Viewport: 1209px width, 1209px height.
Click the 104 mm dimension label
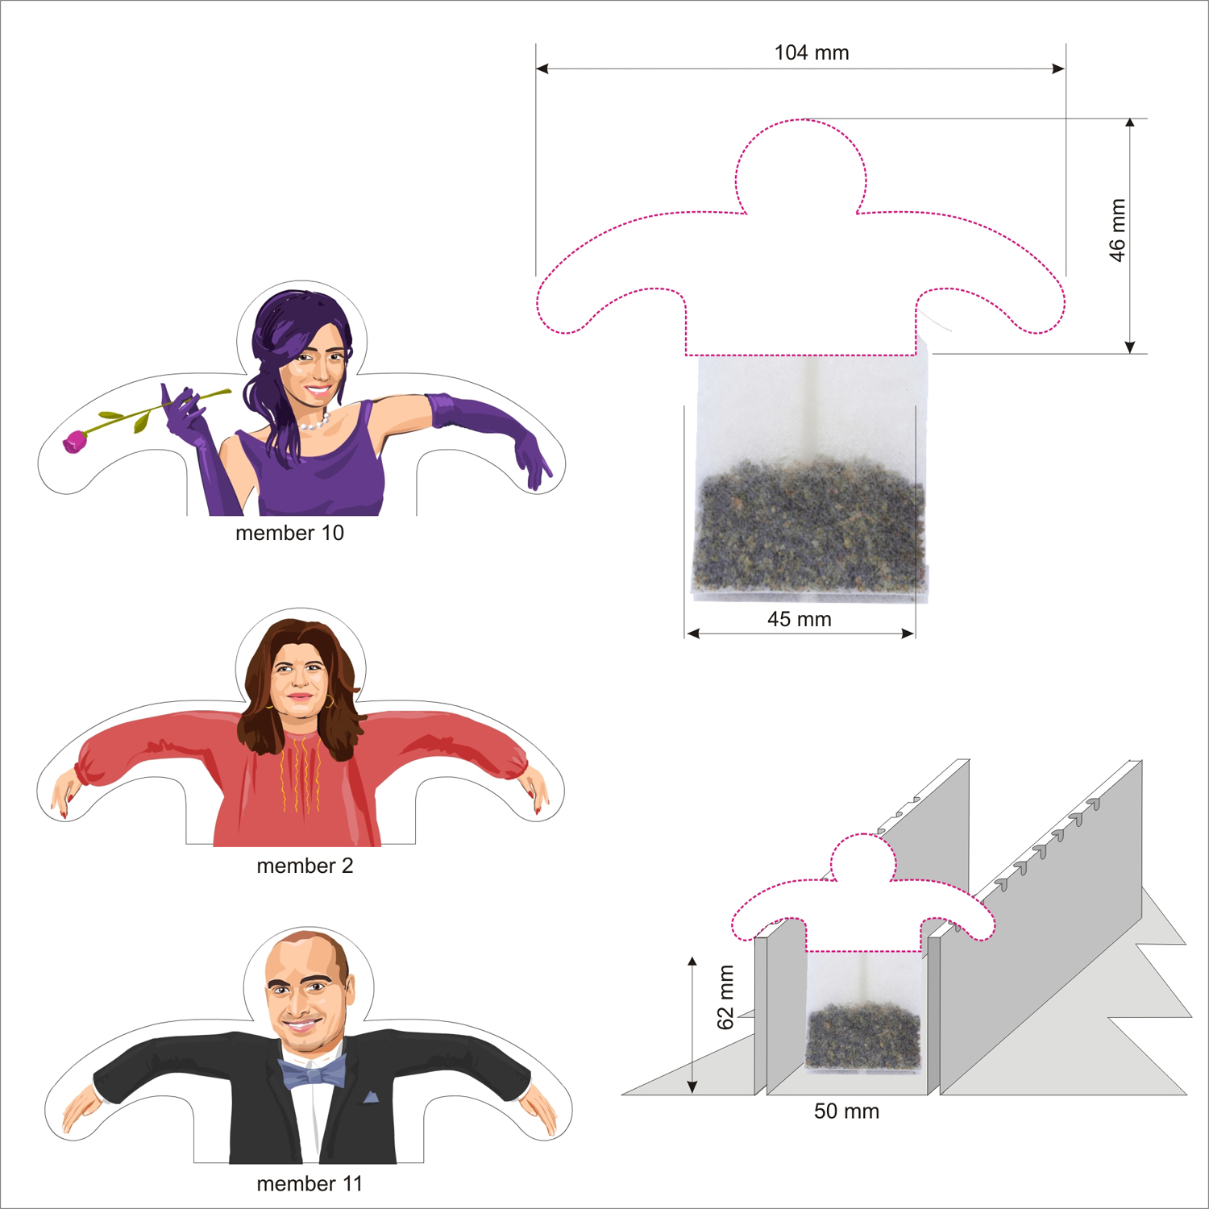pos(812,53)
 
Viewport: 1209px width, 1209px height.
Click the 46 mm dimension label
pos(1117,230)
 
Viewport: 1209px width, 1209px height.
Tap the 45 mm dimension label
pos(800,619)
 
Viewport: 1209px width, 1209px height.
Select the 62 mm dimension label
pos(725,997)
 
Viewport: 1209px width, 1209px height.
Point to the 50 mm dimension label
pos(846,1111)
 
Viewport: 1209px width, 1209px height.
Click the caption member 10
pos(289,533)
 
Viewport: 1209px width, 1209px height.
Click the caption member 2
pos(305,866)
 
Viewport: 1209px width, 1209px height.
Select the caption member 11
pos(310,1183)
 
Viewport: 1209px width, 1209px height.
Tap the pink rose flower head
pos(75,442)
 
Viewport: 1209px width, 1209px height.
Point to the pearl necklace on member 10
pos(314,422)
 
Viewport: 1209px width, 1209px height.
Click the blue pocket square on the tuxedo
pos(370,1097)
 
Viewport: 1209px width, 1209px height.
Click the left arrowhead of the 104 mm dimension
pos(542,69)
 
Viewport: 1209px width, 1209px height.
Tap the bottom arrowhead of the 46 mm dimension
pos(1130,347)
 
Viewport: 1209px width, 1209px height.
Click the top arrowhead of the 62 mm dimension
pos(692,962)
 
